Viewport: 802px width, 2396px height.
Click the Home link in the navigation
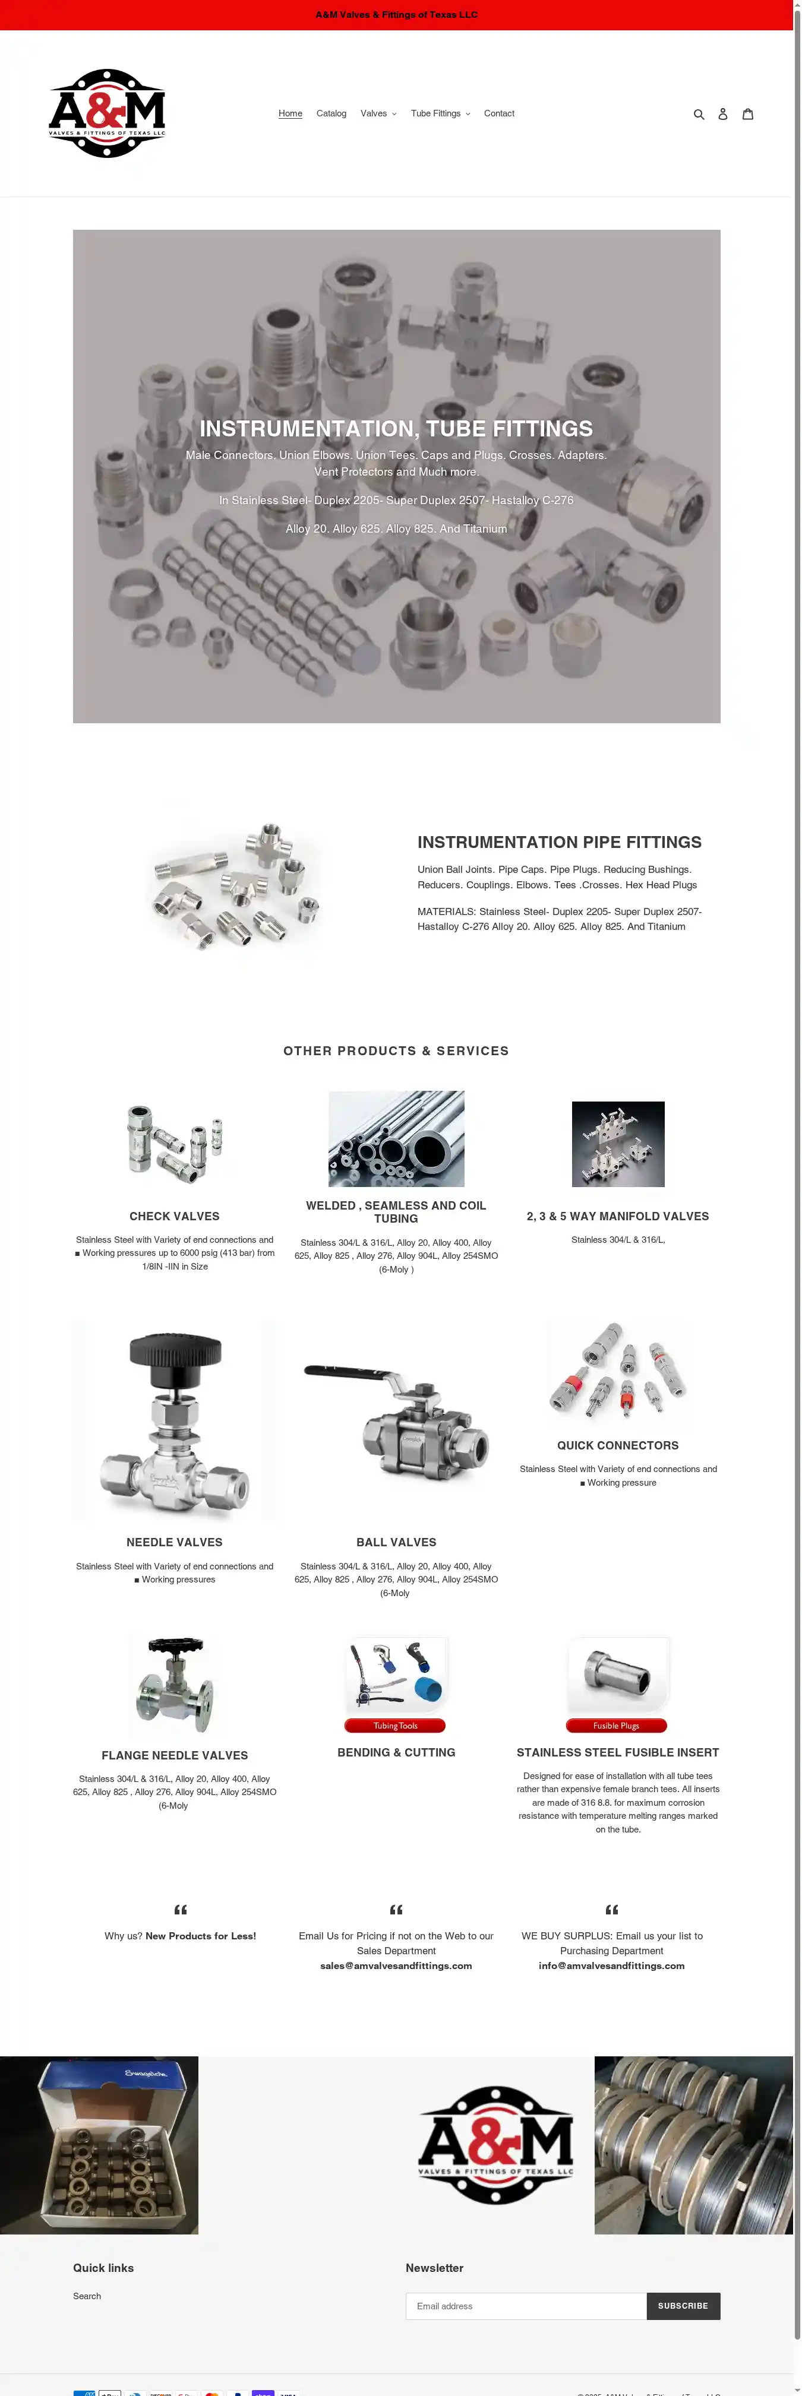pyautogui.click(x=291, y=113)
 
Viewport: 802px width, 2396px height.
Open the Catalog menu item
pyautogui.click(x=331, y=113)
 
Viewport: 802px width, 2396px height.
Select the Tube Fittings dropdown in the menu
pyautogui.click(x=440, y=113)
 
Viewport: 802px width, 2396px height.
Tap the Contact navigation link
pyautogui.click(x=498, y=113)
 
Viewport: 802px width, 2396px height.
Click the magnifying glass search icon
pyautogui.click(x=699, y=115)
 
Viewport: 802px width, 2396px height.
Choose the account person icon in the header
pyautogui.click(x=723, y=115)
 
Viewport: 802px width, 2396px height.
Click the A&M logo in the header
pyautogui.click(x=107, y=113)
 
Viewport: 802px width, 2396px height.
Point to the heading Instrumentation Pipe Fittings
pyautogui.click(x=559, y=842)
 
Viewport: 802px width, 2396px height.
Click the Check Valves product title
pyautogui.click(x=175, y=1216)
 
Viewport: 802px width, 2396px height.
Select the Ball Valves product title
pyautogui.click(x=396, y=1542)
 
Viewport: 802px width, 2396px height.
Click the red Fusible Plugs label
pyautogui.click(x=616, y=1726)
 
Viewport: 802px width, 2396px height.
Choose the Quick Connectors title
pyautogui.click(x=618, y=1445)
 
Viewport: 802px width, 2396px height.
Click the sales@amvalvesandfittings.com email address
pyautogui.click(x=396, y=1965)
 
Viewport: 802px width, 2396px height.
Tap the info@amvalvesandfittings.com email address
pyautogui.click(x=611, y=1965)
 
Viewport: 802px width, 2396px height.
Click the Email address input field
pyautogui.click(x=526, y=2306)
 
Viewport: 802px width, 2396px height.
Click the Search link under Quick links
pyautogui.click(x=87, y=2296)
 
